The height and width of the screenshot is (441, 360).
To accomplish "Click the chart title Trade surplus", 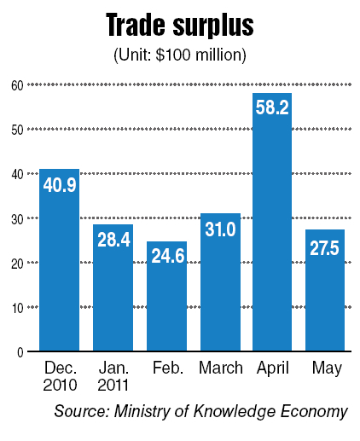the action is pyautogui.click(x=180, y=25).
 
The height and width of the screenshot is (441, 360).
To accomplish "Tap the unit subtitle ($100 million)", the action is pyautogui.click(x=180, y=55).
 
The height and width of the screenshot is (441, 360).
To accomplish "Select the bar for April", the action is pyautogui.click(x=272, y=222).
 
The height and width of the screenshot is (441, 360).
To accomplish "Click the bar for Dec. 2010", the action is pyautogui.click(x=59, y=260).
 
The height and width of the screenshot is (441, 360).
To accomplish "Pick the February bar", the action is pyautogui.click(x=166, y=296).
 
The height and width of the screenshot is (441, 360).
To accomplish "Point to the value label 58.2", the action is pyautogui.click(x=272, y=107).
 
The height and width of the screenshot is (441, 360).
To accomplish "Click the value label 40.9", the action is pyautogui.click(x=60, y=185).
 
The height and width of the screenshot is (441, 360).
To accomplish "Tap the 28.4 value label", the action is pyautogui.click(x=113, y=240).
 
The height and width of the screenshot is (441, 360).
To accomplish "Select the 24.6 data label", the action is pyautogui.click(x=168, y=255).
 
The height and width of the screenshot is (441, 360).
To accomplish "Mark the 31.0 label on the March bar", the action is pyautogui.click(x=220, y=229).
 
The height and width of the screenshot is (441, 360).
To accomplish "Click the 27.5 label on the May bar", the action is pyautogui.click(x=324, y=248).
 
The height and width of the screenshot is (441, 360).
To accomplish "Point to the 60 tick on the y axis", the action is pyautogui.click(x=17, y=85).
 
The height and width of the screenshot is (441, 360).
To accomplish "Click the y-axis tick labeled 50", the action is pyautogui.click(x=17, y=130).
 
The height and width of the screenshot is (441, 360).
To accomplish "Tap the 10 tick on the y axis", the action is pyautogui.click(x=18, y=308).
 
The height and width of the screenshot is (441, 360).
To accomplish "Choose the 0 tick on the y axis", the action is pyautogui.click(x=20, y=352).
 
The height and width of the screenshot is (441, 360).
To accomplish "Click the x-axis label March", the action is pyautogui.click(x=221, y=368).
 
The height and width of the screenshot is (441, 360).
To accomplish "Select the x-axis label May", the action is pyautogui.click(x=327, y=368).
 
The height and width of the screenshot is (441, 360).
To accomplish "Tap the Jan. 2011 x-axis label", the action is pyautogui.click(x=113, y=376).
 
